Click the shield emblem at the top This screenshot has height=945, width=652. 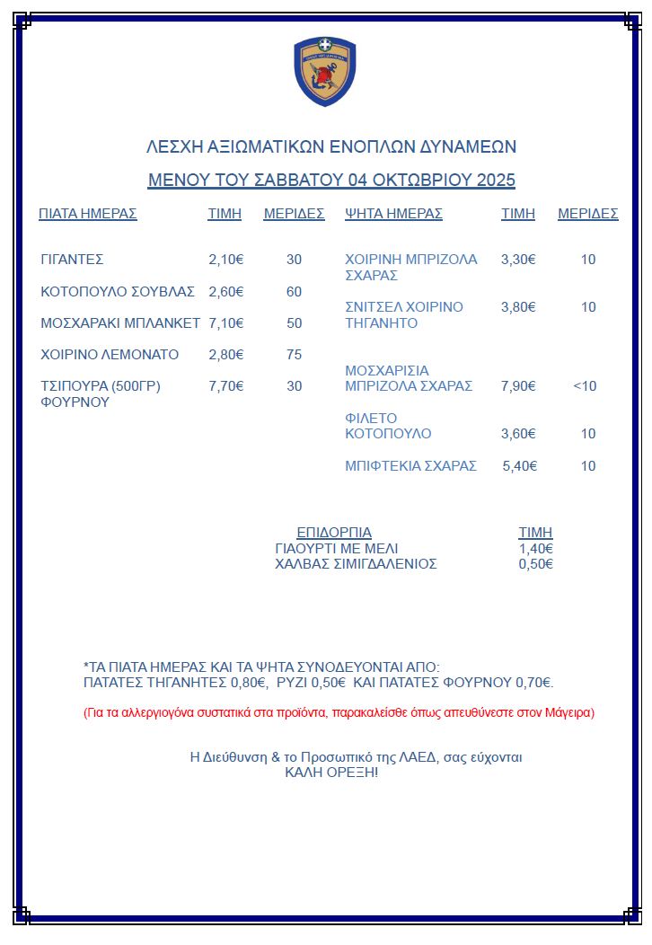325,72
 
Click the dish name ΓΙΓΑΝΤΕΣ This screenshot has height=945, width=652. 72,260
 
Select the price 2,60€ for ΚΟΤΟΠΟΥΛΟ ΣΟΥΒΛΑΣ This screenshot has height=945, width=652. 226,292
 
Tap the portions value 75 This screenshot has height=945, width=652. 294,355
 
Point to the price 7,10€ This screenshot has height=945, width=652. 226,323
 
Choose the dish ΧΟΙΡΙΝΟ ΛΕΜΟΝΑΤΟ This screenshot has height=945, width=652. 110,355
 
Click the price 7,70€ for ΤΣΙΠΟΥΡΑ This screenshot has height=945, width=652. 226,386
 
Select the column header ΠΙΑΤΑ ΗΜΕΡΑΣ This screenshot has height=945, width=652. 87,214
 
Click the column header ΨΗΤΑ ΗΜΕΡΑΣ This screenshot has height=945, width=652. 393,214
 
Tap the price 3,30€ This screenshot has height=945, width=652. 518,260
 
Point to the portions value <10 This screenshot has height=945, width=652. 585,386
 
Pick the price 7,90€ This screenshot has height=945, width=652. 518,386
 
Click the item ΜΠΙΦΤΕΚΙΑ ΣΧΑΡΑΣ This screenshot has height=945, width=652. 410,466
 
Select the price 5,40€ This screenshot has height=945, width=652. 519,466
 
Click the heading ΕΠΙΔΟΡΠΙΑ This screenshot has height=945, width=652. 334,532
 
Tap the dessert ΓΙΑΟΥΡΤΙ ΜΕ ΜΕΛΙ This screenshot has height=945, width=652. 336,548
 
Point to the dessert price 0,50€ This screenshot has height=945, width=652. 535,564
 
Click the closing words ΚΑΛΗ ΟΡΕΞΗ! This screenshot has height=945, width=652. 331,773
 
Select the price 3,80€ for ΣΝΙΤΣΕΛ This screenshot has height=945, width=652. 518,307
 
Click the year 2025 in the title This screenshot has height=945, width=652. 496,180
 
